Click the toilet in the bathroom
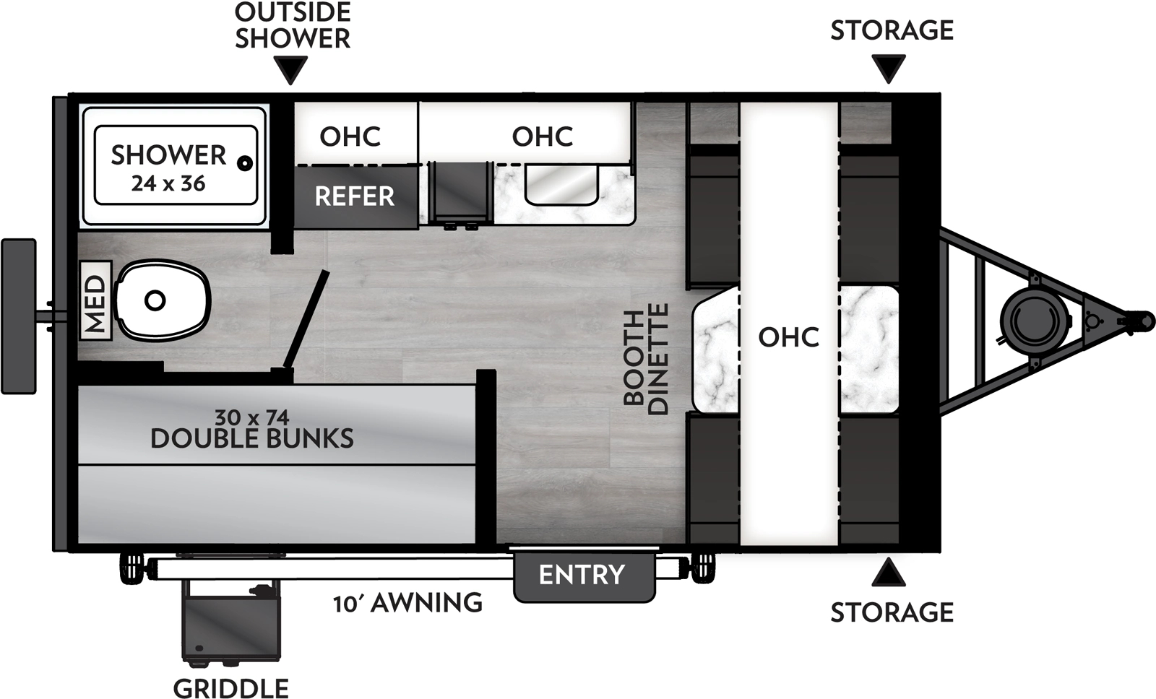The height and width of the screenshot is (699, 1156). [x=163, y=300]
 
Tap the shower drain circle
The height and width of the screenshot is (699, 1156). [x=246, y=163]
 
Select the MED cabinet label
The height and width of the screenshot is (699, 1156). [x=95, y=300]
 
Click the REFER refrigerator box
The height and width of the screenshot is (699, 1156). [x=355, y=196]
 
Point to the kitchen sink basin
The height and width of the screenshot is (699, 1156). [x=561, y=185]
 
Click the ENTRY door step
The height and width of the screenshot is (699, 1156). [x=583, y=576]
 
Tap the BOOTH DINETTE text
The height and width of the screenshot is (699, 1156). [x=646, y=359]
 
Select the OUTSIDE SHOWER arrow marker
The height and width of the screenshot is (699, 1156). [x=292, y=70]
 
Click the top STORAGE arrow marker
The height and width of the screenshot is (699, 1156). [x=889, y=69]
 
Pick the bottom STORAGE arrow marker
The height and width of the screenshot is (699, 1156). [x=889, y=573]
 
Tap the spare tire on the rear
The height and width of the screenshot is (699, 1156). [x=19, y=316]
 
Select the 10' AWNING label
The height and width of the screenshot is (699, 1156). [x=407, y=603]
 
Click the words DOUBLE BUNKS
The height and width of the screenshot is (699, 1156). [x=252, y=438]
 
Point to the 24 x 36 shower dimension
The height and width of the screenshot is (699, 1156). [x=168, y=184]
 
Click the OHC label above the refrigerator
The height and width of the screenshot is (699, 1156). [x=350, y=136]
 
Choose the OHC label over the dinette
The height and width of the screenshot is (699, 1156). [x=788, y=337]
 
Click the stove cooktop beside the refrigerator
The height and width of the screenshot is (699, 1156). [x=460, y=192]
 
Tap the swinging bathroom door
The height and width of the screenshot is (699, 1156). [x=306, y=320]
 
